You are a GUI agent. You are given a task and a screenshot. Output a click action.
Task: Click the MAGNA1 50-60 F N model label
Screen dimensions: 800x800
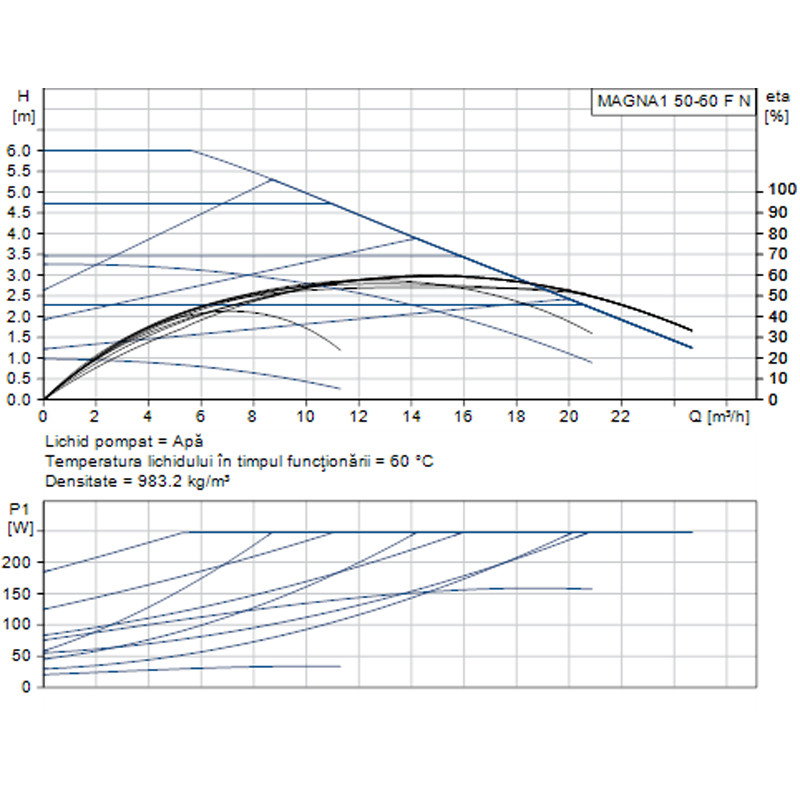pyautogui.click(x=673, y=101)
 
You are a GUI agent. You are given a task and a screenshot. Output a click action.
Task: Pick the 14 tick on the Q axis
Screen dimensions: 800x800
pyautogui.click(x=411, y=415)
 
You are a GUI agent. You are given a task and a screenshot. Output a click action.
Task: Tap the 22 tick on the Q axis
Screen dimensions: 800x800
pyautogui.click(x=621, y=415)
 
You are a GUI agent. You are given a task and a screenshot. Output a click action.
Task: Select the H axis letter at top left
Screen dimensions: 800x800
pyautogui.click(x=24, y=96)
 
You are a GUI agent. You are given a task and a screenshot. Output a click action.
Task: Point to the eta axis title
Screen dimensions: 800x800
pyautogui.click(x=776, y=97)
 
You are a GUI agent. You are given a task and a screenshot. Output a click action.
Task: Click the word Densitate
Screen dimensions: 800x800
pyautogui.click(x=77, y=481)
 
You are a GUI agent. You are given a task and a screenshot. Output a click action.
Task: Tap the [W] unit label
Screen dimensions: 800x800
pyautogui.click(x=19, y=527)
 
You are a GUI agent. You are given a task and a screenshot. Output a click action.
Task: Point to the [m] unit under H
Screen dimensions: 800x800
pyautogui.click(x=23, y=115)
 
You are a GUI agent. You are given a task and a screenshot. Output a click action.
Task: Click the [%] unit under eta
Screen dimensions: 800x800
pyautogui.click(x=775, y=116)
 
